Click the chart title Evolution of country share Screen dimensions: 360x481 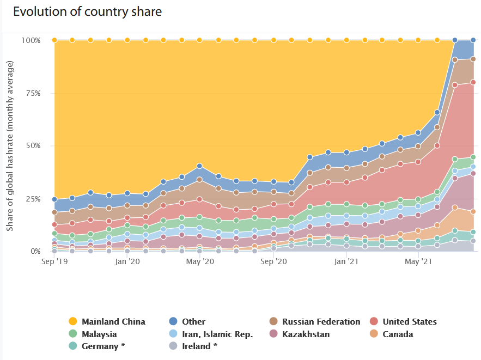(x=88, y=11)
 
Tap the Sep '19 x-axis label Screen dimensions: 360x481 (x=54, y=262)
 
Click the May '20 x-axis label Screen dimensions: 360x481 (x=200, y=262)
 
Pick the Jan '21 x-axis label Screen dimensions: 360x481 (x=345, y=262)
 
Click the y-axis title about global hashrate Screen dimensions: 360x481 (x=10, y=146)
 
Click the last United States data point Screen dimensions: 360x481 (x=473, y=82)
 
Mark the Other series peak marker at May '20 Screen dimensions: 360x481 (x=200, y=166)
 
